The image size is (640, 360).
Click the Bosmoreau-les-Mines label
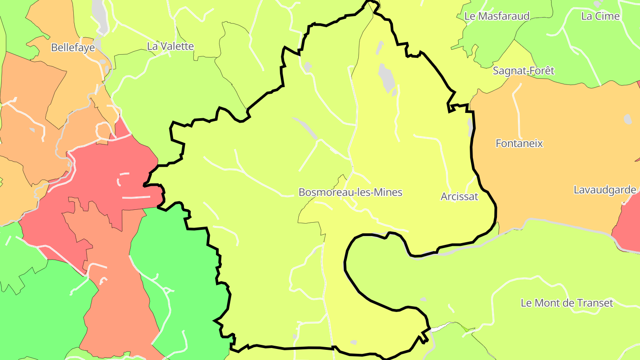point(350,192)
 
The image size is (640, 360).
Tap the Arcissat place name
point(459,196)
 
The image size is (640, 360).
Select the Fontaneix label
point(519,144)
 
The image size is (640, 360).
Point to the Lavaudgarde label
point(604,190)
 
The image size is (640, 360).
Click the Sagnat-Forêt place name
point(524,71)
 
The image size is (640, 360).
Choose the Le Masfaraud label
point(497,16)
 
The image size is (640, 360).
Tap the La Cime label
point(600,16)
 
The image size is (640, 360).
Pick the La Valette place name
point(170,46)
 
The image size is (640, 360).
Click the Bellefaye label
point(73,48)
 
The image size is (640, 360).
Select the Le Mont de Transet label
point(567,303)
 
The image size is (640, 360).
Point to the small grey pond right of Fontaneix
point(627,119)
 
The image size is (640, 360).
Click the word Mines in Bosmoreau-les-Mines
point(387,192)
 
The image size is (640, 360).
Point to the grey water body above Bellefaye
point(100,16)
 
